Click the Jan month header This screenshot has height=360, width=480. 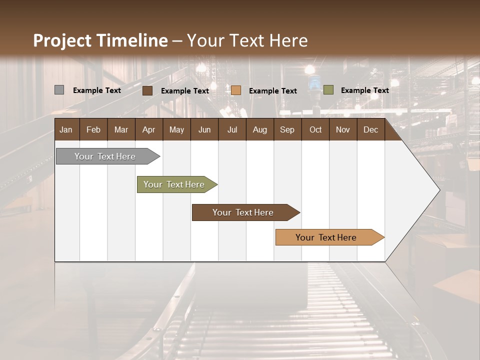coord(66,129)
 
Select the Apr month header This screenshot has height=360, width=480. coord(148,129)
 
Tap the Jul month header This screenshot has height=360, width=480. coord(232,129)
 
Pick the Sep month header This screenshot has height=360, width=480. coord(287,129)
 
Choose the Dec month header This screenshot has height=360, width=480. coord(370,129)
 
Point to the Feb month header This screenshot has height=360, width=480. coord(93,129)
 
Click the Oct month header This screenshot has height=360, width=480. coord(315,129)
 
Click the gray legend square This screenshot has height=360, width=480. coord(59,90)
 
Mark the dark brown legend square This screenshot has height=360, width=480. coord(147,90)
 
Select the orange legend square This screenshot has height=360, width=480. coord(236,90)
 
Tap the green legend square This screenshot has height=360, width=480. coord(328,90)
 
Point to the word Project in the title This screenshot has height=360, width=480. coord(62,40)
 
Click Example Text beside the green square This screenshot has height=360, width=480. coord(364,90)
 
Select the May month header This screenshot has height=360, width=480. coord(176,129)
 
